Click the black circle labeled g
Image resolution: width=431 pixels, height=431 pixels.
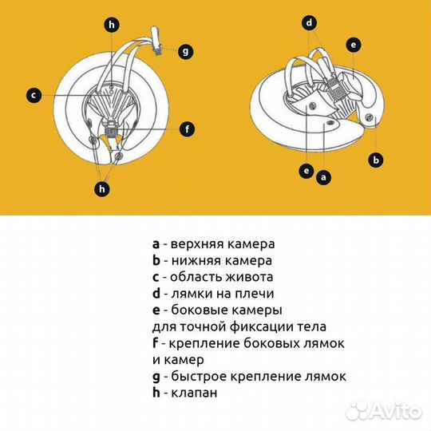[185, 51]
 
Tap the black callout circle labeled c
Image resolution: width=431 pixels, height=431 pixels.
[34, 96]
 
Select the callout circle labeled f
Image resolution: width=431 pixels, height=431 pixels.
[188, 129]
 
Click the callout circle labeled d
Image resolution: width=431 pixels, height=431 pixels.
[310, 23]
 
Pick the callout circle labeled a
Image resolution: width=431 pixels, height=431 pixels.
[323, 177]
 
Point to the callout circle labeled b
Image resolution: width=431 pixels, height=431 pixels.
[376, 160]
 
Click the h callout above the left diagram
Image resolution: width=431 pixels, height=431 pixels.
[112, 25]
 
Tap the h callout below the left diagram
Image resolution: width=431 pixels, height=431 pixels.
[102, 189]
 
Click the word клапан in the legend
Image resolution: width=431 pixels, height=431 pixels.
[194, 393]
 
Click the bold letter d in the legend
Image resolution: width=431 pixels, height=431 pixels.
[156, 293]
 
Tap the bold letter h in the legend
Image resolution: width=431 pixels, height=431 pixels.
[156, 392]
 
